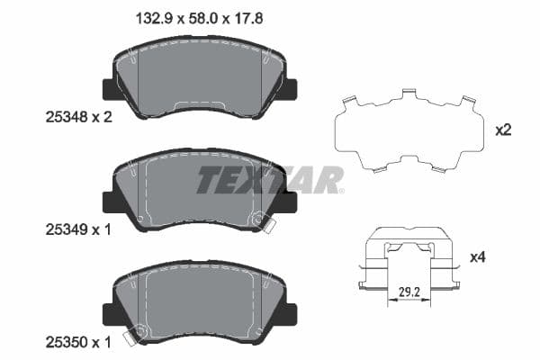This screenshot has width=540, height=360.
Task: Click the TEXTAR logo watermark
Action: click(270, 180)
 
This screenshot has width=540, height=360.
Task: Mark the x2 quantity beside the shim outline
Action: click(503, 130)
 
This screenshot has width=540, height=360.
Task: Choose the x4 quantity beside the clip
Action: click(503, 257)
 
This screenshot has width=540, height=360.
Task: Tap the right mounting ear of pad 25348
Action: click(290, 90)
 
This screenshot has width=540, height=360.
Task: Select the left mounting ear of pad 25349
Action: click(112, 202)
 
